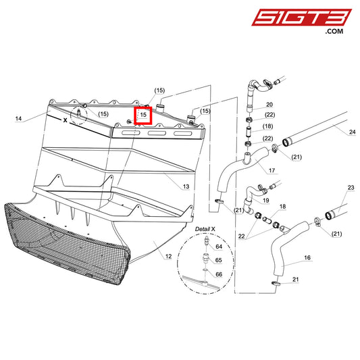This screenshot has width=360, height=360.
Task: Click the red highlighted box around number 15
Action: (x=143, y=115)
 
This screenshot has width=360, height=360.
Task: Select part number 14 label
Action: (x=18, y=118)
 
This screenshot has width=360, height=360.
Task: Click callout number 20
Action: (x=269, y=105)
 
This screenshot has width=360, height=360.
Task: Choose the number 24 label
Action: (x=352, y=132)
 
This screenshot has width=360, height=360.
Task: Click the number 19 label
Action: (x=266, y=201)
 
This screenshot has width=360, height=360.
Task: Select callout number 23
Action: (x=351, y=187)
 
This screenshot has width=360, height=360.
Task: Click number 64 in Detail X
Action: (x=218, y=247)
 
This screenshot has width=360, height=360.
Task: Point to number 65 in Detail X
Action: (x=218, y=260)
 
